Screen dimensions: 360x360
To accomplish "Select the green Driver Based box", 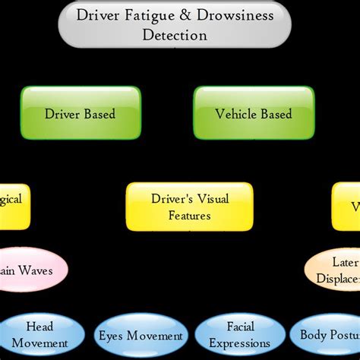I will [x=81, y=114].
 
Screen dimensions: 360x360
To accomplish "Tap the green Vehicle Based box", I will [x=253, y=114].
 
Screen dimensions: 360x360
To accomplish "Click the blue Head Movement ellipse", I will [x=39, y=335].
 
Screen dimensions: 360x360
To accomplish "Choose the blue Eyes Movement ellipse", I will [x=141, y=336].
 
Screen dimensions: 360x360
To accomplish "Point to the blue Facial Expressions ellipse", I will [x=239, y=335].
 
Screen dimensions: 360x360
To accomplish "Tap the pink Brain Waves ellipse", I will [x=30, y=270].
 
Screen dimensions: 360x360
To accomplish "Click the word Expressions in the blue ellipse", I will [x=239, y=343].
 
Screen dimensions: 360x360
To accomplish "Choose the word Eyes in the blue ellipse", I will [x=112, y=336].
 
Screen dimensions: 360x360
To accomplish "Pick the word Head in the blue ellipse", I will [x=39, y=327].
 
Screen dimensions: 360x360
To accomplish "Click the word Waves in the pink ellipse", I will [x=36, y=270].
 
